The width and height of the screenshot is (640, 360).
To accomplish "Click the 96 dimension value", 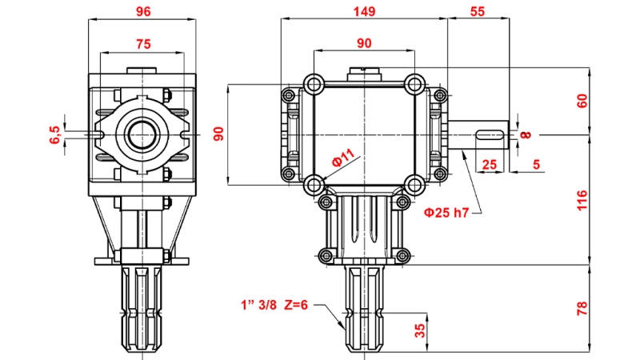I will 143,12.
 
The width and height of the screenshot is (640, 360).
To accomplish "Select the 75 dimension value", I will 143,43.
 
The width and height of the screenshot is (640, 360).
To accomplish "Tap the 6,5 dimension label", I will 54,134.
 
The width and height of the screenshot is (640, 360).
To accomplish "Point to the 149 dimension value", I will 364,12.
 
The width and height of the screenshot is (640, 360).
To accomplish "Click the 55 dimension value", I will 478,12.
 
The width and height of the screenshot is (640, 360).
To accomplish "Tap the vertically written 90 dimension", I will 218,134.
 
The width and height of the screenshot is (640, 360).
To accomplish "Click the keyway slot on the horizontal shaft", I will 490,134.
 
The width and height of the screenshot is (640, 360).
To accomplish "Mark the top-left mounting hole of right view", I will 312,83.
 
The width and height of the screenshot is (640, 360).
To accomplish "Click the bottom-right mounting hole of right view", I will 414,185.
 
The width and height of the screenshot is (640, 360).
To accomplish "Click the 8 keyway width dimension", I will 525,134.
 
